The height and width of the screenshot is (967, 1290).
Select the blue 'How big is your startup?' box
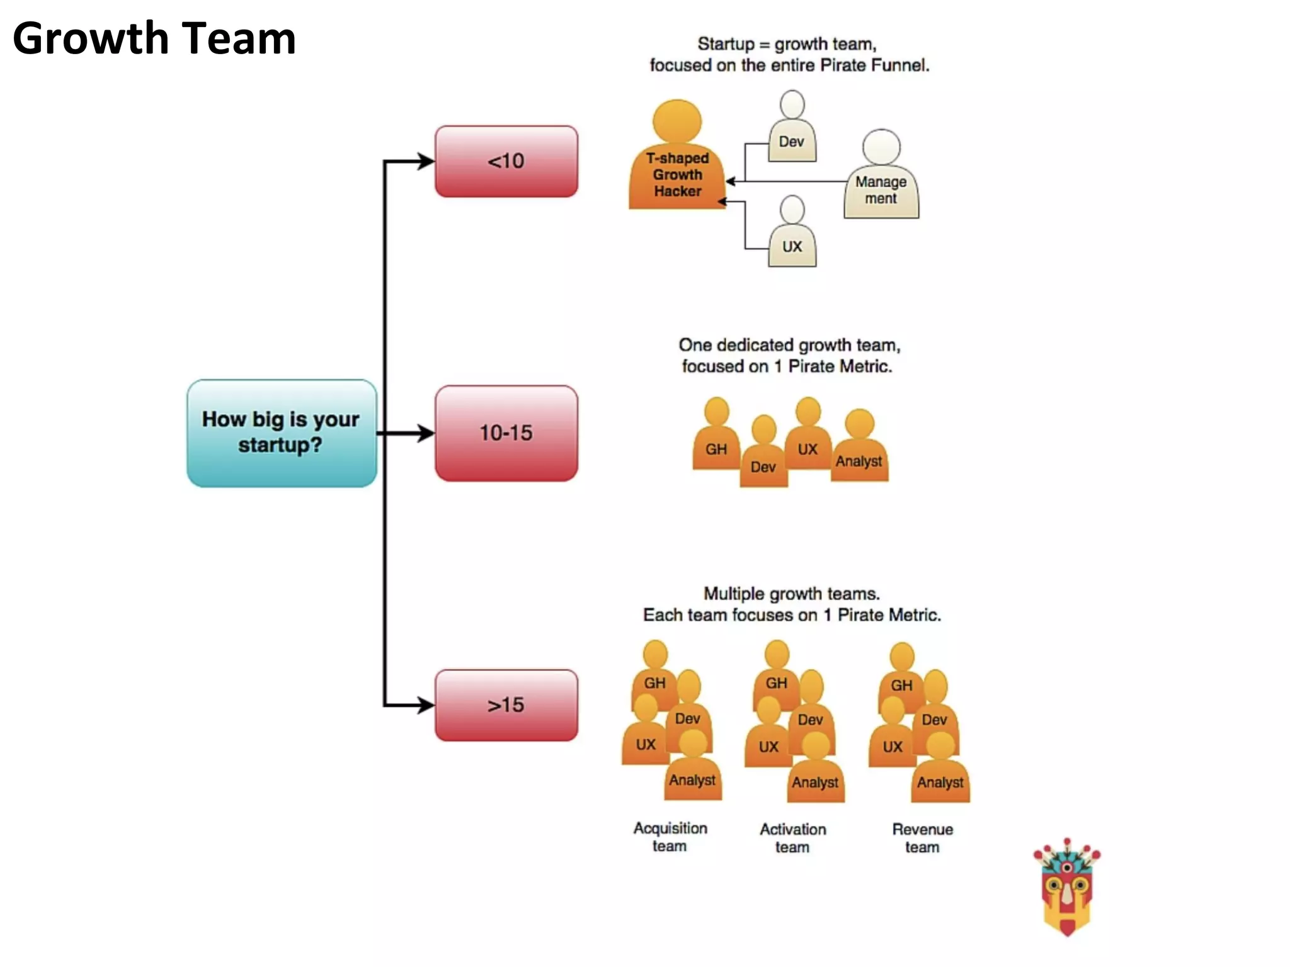[282, 433]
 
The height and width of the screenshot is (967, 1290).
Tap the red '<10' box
[506, 161]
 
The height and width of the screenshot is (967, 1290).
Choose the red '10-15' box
[506, 433]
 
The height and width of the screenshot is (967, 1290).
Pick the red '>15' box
[506, 705]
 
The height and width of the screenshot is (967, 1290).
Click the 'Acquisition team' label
[670, 837]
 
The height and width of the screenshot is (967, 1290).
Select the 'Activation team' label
[792, 838]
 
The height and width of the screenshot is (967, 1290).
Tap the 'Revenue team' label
[922, 838]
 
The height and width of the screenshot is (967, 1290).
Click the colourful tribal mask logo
[1066, 887]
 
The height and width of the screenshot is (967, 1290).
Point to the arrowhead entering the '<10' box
[427, 161]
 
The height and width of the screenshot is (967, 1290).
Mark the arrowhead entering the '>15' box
[427, 705]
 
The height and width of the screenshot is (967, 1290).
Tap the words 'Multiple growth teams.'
[792, 594]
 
